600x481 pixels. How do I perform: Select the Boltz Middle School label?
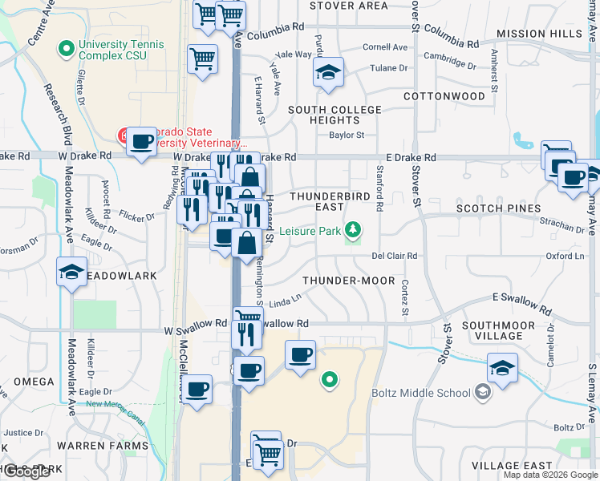click(421, 393)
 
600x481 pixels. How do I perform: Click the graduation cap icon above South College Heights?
click(328, 73)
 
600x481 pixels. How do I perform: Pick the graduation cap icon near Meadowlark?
click(72, 272)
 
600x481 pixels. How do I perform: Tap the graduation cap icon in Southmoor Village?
click(502, 368)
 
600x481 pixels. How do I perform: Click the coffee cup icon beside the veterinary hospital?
click(142, 142)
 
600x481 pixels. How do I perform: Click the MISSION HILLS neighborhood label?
click(538, 34)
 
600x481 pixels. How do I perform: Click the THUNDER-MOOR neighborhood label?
click(348, 281)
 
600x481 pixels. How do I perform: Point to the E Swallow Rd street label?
click(521, 303)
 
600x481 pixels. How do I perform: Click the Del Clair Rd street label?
click(395, 256)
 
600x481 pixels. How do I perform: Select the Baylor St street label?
click(347, 135)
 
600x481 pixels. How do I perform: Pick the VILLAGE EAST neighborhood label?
click(512, 466)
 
